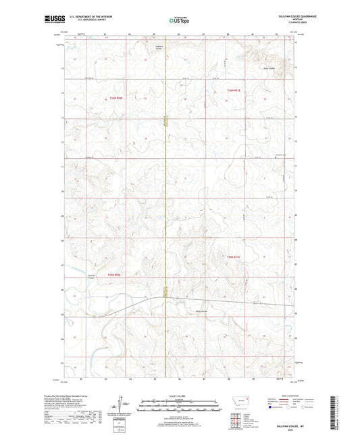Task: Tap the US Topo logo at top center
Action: point(179,21)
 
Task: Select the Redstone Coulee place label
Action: point(155,49)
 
